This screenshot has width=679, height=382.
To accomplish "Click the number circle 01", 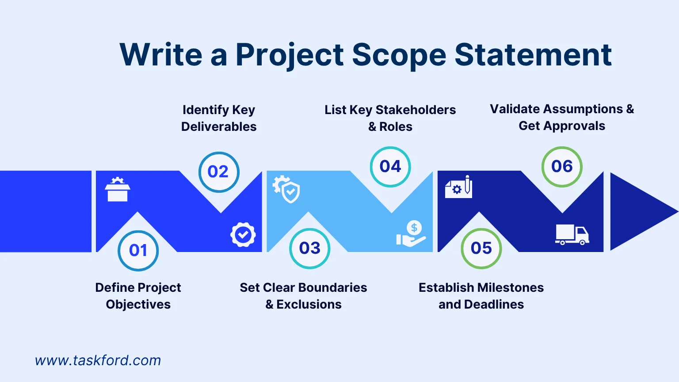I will [x=138, y=251].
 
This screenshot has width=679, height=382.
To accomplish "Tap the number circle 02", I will [x=218, y=172].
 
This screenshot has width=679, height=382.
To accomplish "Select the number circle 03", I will [x=309, y=248].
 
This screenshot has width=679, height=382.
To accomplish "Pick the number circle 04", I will [x=390, y=167].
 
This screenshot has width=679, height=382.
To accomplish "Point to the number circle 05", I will [x=481, y=248].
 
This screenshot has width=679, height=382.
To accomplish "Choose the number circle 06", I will [x=562, y=167].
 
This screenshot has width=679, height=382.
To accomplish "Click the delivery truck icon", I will [x=572, y=234].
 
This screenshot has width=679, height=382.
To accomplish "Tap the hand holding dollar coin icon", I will [x=411, y=234].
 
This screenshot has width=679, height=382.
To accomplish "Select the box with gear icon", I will [x=118, y=189].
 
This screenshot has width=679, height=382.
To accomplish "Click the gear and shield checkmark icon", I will [x=286, y=189].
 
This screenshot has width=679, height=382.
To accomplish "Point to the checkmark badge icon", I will [x=243, y=234].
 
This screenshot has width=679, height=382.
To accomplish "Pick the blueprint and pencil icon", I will [x=458, y=187].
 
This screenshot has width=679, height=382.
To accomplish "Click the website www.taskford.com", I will [x=98, y=360].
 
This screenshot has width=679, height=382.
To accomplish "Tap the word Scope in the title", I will [x=399, y=55].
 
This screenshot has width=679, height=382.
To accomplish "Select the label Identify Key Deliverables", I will [x=219, y=118].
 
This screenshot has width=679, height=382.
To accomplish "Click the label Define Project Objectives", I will [x=138, y=296].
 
